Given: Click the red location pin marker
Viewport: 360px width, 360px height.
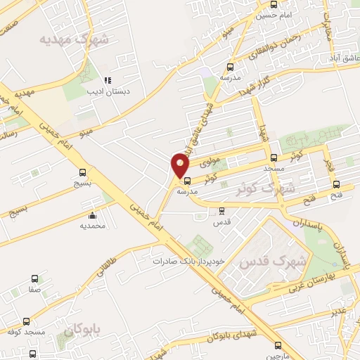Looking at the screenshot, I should [x=181, y=166].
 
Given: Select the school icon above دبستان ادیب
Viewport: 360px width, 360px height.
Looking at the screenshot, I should [x=108, y=81].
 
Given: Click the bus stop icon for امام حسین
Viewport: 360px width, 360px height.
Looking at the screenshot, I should [x=274, y=5].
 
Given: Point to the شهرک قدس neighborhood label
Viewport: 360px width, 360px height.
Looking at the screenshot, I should [x=274, y=262].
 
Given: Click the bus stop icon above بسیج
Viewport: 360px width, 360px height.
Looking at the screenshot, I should [x=83, y=172].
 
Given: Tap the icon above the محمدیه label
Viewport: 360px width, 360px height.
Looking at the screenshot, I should [x=92, y=216].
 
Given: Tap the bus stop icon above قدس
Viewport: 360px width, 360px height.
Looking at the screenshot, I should [x=222, y=210].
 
